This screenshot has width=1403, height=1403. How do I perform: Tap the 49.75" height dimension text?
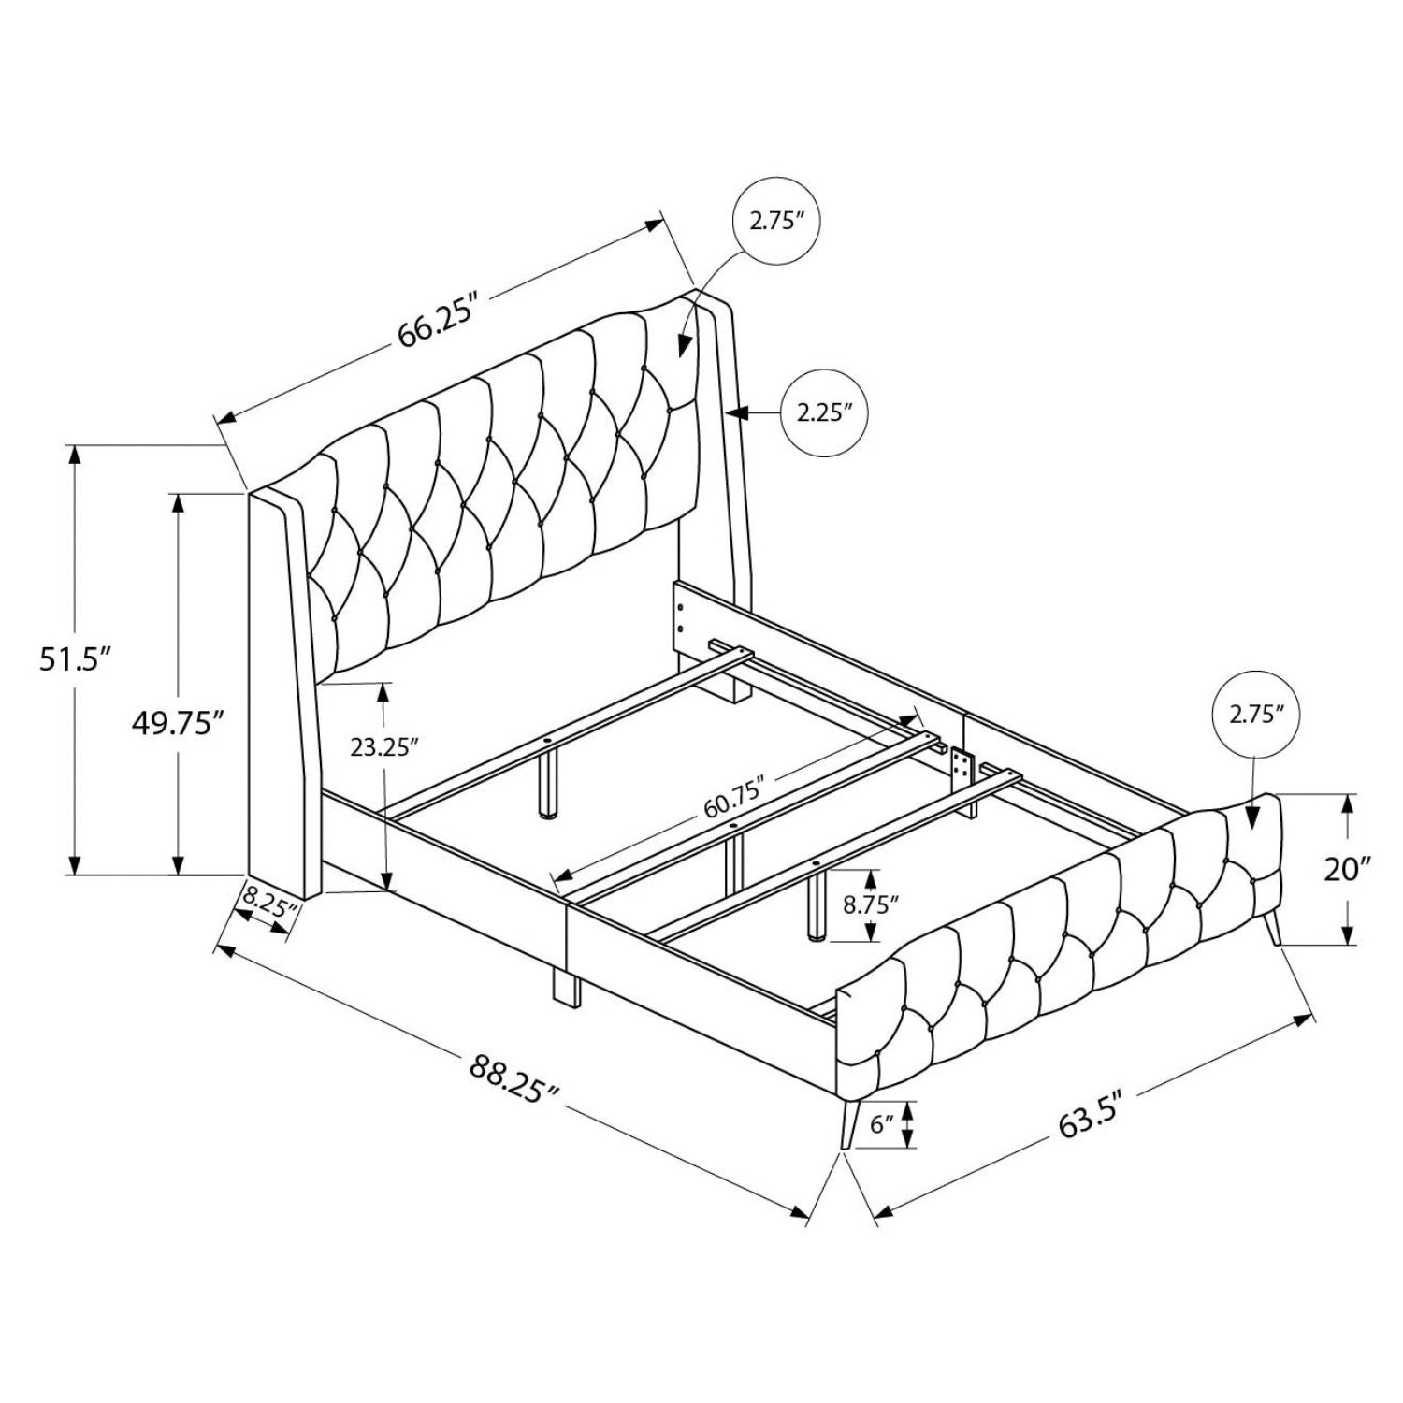pos(178,723)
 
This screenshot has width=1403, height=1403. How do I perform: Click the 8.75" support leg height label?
pos(870,905)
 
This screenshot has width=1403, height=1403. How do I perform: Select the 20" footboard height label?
pos(1347,870)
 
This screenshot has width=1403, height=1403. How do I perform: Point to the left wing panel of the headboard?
pos(281,692)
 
